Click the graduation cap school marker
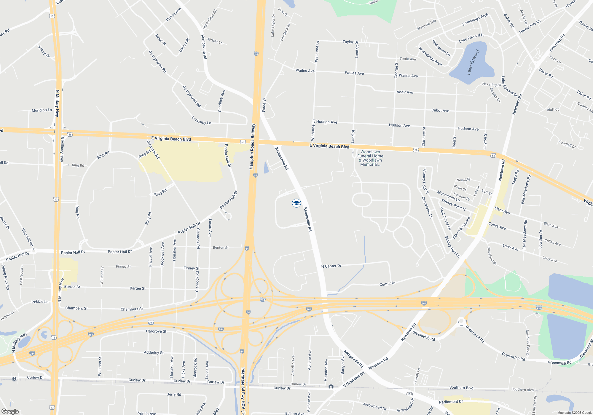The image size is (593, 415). pos(296,203)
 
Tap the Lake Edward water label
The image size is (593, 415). pos(473,63)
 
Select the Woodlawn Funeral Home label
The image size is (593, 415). pos(370,158)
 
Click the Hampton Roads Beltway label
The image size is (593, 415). pos(252,146)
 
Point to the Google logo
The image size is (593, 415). pos(10,411)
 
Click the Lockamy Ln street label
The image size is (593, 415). pos(201,120)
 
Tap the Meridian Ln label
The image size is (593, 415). pos(42,110)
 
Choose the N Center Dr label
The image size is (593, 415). pos(331,266)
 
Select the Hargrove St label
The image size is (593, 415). pos(156,331)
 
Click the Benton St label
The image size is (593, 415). pos(221,248)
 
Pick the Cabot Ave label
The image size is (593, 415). pos(440,110)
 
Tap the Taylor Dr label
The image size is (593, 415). pos(350,42)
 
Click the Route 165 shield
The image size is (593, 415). pos(409,394)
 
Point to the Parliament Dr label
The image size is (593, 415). pos(451,402)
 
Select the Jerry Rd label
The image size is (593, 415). pos(174,394)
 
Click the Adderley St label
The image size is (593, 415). pos(154,352)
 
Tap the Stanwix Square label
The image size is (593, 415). pos(461,228)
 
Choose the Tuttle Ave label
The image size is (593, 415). pos(408,59)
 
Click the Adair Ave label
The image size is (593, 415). pos(405,92)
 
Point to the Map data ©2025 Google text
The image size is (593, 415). pos(574,413)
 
